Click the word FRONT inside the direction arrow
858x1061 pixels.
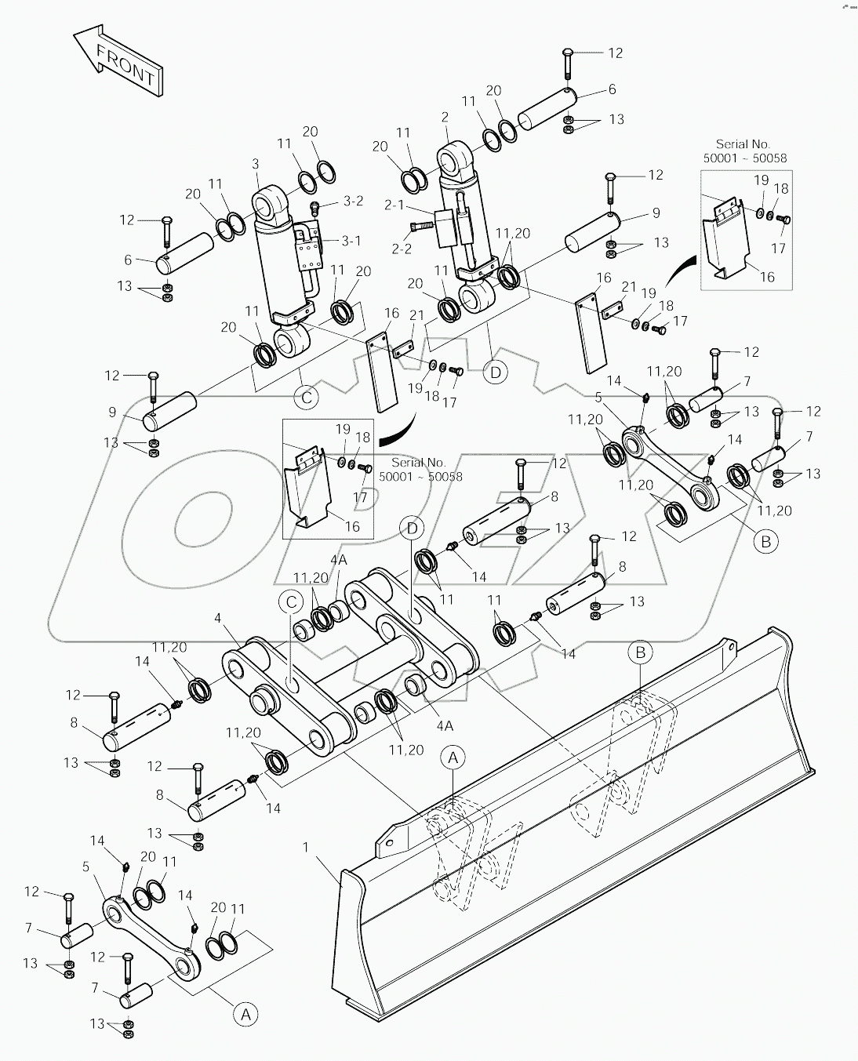coord(125,65)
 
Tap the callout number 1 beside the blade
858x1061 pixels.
coord(306,848)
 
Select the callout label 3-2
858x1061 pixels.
coord(353,202)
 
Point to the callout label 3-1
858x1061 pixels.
coord(352,241)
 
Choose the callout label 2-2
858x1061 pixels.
coord(402,249)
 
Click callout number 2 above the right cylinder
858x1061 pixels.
coord(445,118)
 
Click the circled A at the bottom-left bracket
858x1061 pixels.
coord(245,1015)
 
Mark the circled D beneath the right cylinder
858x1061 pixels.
coord(496,372)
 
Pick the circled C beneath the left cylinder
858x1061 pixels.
coord(307,398)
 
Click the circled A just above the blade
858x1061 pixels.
coord(453,758)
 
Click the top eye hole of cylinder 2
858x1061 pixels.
coord(453,163)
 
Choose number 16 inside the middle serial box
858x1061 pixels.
coord(353,526)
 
